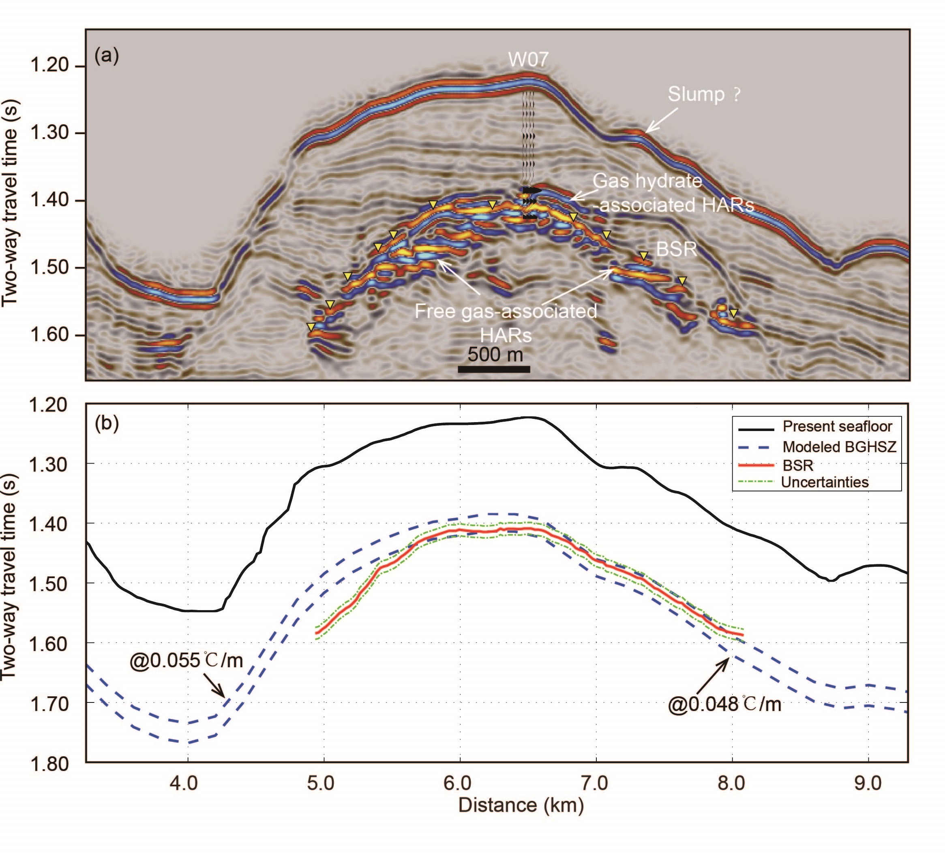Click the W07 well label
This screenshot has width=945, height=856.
click(528, 60)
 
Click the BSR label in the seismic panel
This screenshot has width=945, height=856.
click(676, 249)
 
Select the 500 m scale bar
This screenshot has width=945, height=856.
click(494, 369)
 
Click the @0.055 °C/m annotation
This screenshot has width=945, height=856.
click(186, 661)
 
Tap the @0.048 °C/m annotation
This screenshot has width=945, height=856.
click(724, 704)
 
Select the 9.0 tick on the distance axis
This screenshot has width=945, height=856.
click(868, 783)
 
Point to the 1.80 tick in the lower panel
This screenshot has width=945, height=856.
click(49, 764)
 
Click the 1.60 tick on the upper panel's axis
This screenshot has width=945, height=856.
click(49, 335)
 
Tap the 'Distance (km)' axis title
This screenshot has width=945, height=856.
click(521, 805)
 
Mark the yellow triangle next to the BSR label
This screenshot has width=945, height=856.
click(644, 256)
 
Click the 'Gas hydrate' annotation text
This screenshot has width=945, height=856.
click(647, 181)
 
